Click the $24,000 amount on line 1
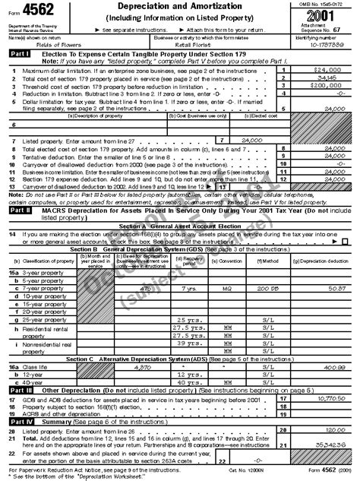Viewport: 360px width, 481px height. [332, 69]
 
